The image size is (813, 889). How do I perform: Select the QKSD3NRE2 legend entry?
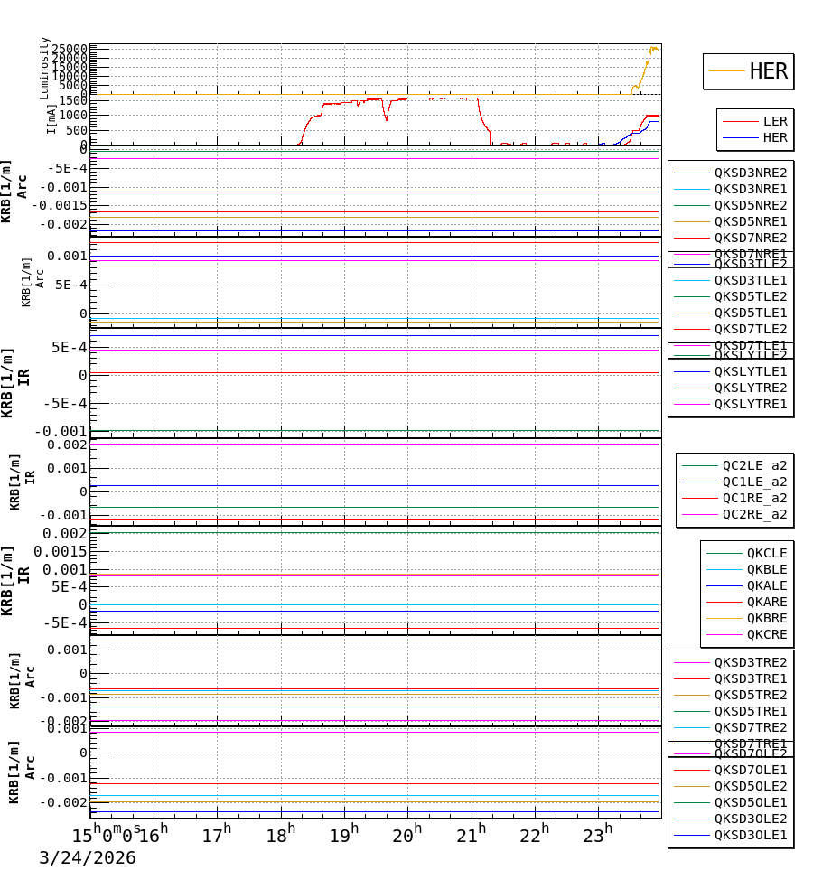750,173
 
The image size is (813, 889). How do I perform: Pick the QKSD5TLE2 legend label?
750,296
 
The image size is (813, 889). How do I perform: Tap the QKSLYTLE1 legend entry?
750,371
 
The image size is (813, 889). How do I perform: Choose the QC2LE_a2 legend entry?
753,465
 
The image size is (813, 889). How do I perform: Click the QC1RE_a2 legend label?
753,498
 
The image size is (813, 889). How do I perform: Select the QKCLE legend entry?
766,553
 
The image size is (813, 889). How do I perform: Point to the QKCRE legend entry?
766,634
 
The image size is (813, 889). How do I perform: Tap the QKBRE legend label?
766,618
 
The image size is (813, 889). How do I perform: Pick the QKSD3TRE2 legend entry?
750,662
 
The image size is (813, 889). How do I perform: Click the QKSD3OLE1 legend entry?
750,835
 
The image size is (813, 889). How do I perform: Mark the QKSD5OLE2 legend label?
750,786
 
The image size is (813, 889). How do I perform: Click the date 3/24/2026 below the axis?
87,858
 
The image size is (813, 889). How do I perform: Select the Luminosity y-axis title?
45,68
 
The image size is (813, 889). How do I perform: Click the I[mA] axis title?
51,118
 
